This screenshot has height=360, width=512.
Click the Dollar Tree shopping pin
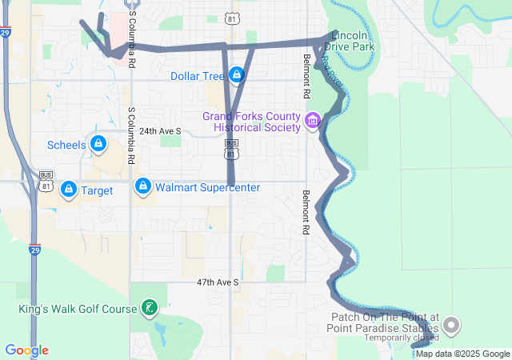coord(236,75)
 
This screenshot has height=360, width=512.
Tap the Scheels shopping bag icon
coord(98,144)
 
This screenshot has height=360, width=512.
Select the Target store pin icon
coord(69,190)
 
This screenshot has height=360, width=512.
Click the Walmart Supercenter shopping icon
coord(143,187)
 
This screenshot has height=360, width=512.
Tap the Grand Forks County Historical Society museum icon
coord(312,122)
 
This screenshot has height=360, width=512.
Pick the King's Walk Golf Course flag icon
coord(149,307)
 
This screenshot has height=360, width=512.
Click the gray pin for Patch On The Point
coord(452,325)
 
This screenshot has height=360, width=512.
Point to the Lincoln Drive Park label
coord(350,42)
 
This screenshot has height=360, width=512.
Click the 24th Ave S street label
coord(160,130)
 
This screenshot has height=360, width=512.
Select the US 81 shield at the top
coord(231,16)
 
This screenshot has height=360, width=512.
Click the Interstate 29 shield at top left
coord(6,33)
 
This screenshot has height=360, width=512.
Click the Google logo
coord(26,350)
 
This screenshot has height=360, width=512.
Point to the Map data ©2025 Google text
coord(462,354)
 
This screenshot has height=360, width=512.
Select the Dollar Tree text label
coord(197,76)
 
